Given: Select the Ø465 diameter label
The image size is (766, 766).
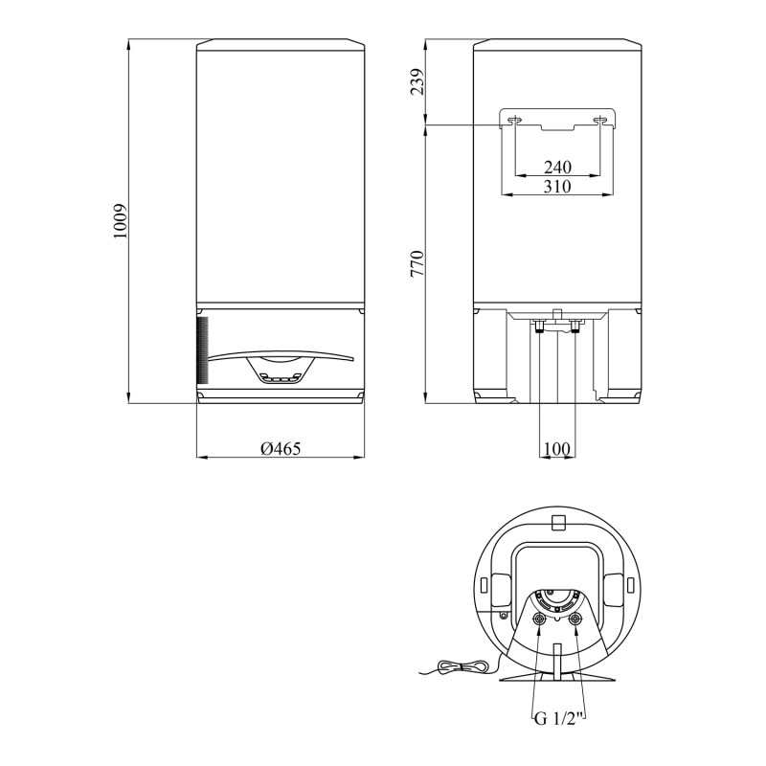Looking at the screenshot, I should tap(281, 448).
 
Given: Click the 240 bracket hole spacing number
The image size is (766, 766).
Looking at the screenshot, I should tap(557, 167).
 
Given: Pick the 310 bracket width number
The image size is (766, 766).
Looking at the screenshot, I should tap(557, 186).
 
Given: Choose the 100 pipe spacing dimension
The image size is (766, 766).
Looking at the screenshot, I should tap(556, 448).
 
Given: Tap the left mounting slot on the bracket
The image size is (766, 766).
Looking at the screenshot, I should tap(515, 120).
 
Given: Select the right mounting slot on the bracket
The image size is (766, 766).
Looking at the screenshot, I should tap(600, 120).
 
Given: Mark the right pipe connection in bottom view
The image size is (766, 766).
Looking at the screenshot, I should tap(575, 620).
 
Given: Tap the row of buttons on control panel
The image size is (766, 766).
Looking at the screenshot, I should tap(279, 378).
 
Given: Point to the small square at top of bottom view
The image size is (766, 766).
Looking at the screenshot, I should tap(557, 521).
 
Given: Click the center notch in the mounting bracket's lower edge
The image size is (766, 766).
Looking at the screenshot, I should tap(557, 126).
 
